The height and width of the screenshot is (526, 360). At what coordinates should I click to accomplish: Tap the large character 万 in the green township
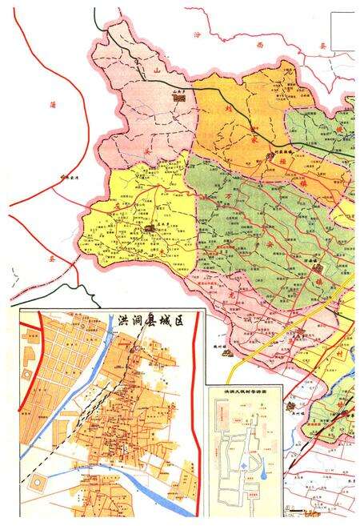[233, 193]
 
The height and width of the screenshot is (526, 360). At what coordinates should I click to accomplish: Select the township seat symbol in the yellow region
[149, 230]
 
